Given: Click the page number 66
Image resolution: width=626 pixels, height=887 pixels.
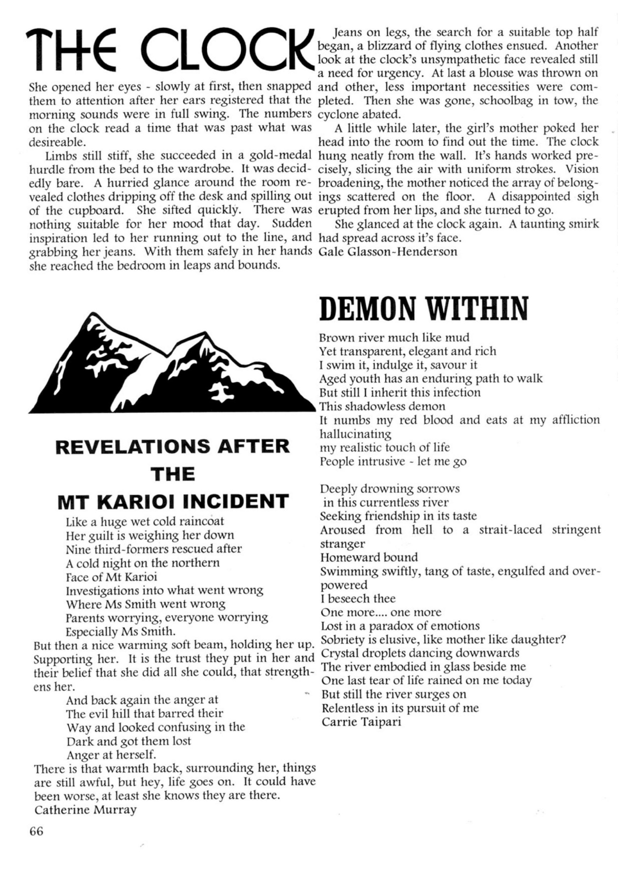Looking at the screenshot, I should click(36, 831).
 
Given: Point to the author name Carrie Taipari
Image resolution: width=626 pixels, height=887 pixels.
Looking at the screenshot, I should click(361, 722).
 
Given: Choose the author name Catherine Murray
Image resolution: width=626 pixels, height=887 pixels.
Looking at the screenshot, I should click(85, 810).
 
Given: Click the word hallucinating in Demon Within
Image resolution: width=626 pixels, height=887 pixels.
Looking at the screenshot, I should click(355, 434).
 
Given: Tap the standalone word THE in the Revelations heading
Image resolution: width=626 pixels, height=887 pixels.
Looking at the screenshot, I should click(173, 475).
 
